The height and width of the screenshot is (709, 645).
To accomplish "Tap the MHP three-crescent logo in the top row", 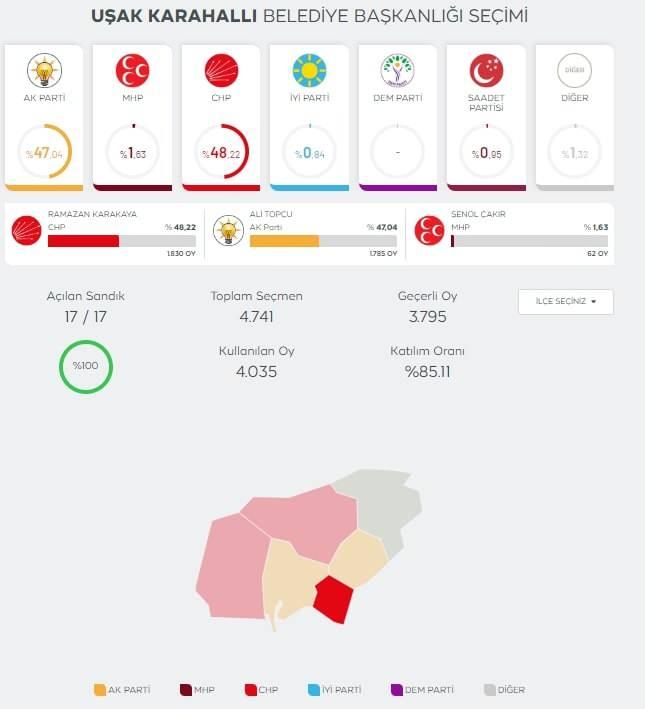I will click(x=132, y=70).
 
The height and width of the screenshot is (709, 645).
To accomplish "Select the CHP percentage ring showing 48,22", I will click(x=221, y=152).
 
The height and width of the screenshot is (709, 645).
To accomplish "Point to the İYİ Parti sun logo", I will click(x=309, y=70).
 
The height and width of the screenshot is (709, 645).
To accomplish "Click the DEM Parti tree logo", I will click(x=397, y=70).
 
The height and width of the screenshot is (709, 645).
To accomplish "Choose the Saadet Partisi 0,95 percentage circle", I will click(x=485, y=152).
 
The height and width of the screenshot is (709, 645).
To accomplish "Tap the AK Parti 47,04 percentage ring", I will click(x=44, y=152).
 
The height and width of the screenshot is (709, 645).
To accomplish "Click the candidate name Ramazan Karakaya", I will click(x=92, y=214).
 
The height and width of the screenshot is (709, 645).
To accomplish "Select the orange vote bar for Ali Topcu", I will click(x=284, y=241).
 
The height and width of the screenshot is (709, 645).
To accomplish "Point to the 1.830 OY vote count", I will click(x=182, y=254).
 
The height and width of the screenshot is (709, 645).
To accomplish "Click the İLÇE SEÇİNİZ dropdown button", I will click(x=565, y=301).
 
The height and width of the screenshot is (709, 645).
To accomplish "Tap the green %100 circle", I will click(x=85, y=366).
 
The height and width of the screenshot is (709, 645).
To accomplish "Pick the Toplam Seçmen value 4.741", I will click(x=256, y=317).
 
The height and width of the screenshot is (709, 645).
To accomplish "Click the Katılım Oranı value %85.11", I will click(x=427, y=371).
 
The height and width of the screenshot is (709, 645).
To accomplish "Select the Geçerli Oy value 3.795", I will click(x=427, y=317).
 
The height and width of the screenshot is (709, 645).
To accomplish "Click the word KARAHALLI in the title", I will click(x=201, y=17).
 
